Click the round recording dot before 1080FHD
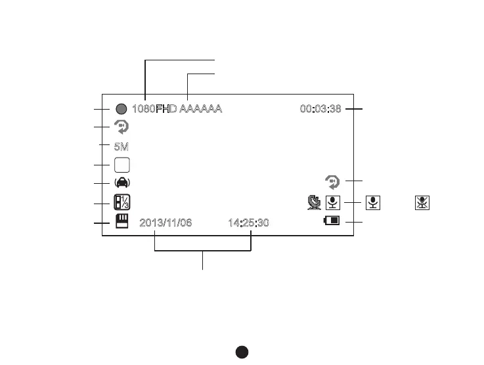121,109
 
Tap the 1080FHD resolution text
154,109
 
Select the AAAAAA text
201,109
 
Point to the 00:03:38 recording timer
320,109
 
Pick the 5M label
121,146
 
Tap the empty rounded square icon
121,165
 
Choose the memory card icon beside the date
121,223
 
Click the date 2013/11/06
165,223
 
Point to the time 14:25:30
248,223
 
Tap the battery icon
332,221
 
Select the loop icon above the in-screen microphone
334,181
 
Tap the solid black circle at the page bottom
242,353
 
